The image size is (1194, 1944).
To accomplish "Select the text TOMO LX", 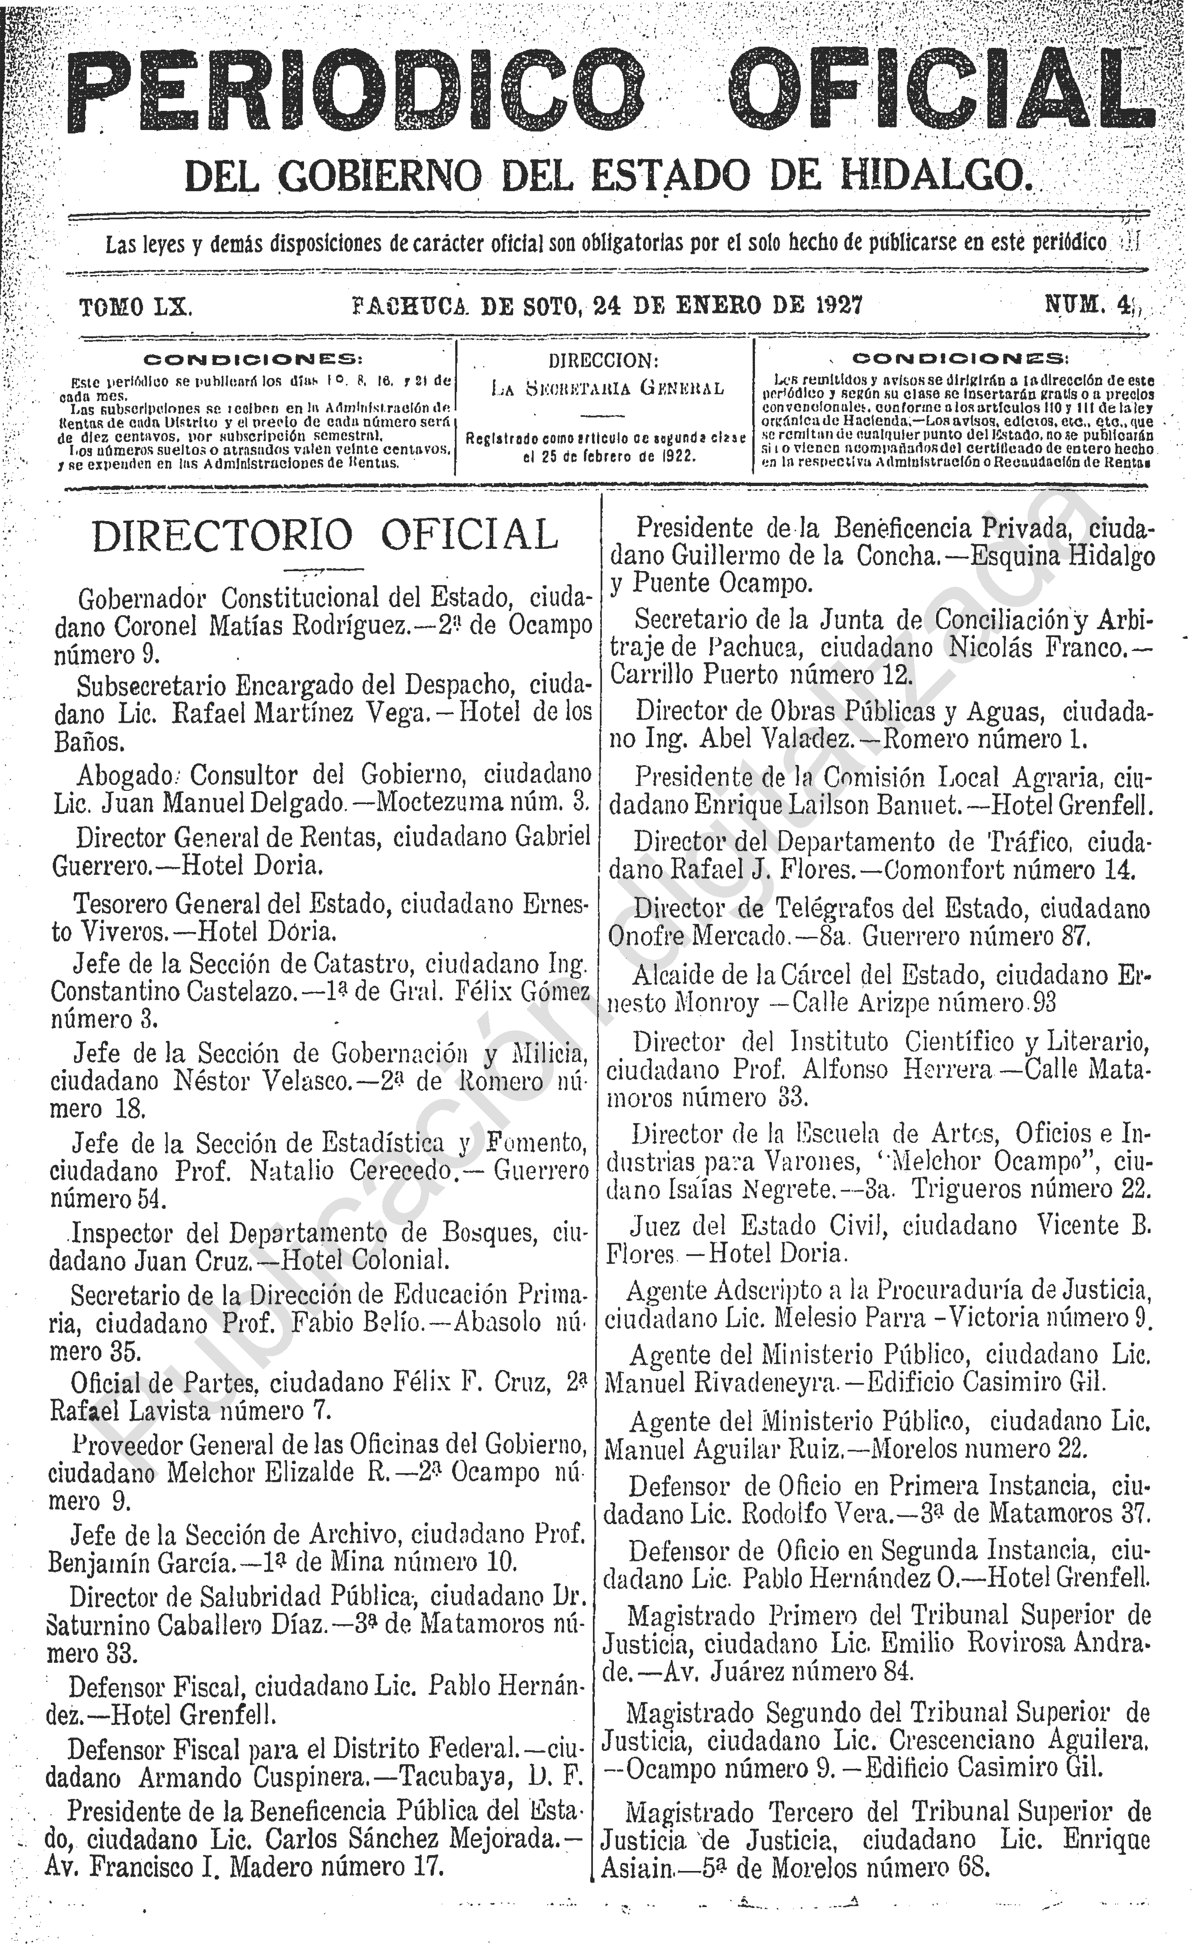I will pos(135,307).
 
